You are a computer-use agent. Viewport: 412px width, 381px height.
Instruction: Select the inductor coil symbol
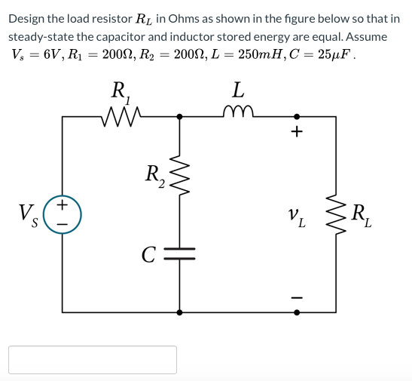point(238,114)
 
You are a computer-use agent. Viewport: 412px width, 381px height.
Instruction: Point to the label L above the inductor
point(238,91)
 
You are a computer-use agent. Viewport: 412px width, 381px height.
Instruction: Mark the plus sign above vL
point(297,134)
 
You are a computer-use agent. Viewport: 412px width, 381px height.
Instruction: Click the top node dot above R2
point(179,116)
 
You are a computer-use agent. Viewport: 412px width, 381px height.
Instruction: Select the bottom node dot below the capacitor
point(179,311)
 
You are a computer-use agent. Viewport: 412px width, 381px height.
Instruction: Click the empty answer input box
point(93,359)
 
